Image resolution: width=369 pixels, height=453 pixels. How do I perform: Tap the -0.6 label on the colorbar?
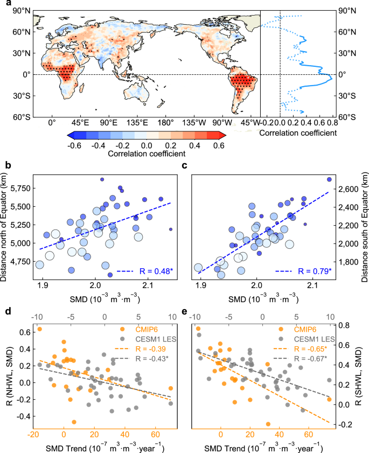pyautogui.click(x=75, y=145)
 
